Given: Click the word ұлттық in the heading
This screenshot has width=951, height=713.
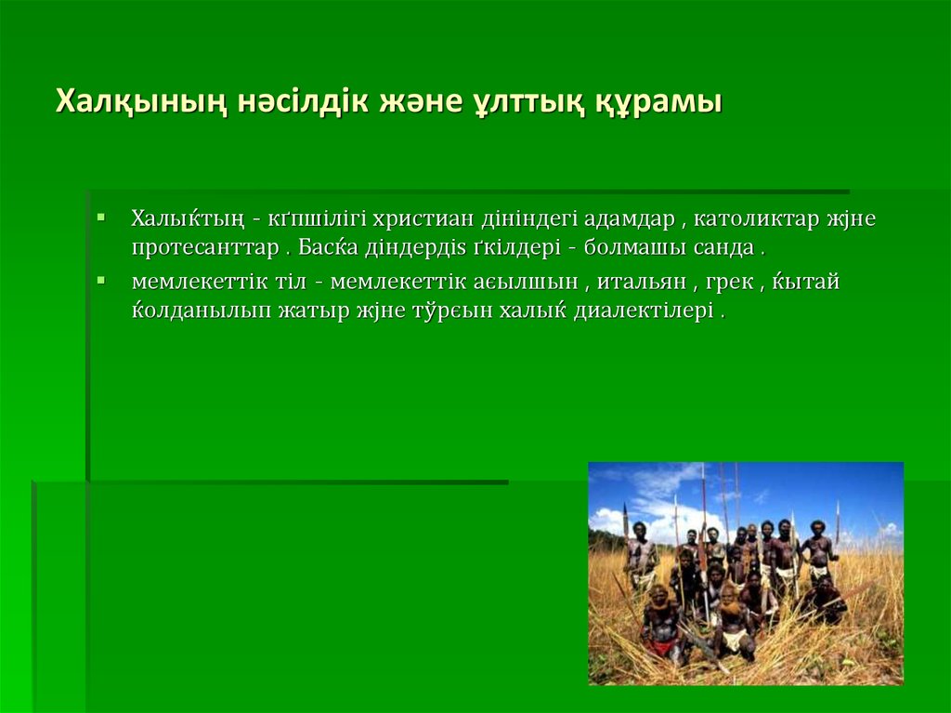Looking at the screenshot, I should click(523, 101).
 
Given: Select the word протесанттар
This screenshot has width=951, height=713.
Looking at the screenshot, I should click(204, 249).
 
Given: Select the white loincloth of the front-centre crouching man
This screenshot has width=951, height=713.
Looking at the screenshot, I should click(734, 639).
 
